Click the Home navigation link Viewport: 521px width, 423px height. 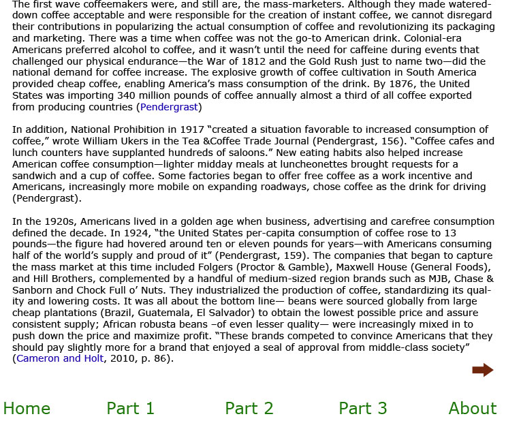(x=27, y=409)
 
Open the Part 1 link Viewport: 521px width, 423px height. (x=130, y=409)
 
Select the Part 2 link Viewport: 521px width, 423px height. (x=249, y=409)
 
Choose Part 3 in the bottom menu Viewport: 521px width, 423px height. (x=362, y=409)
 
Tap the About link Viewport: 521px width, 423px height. (x=472, y=409)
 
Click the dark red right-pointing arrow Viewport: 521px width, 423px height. (x=482, y=370)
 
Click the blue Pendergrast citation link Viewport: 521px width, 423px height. (x=169, y=107)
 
